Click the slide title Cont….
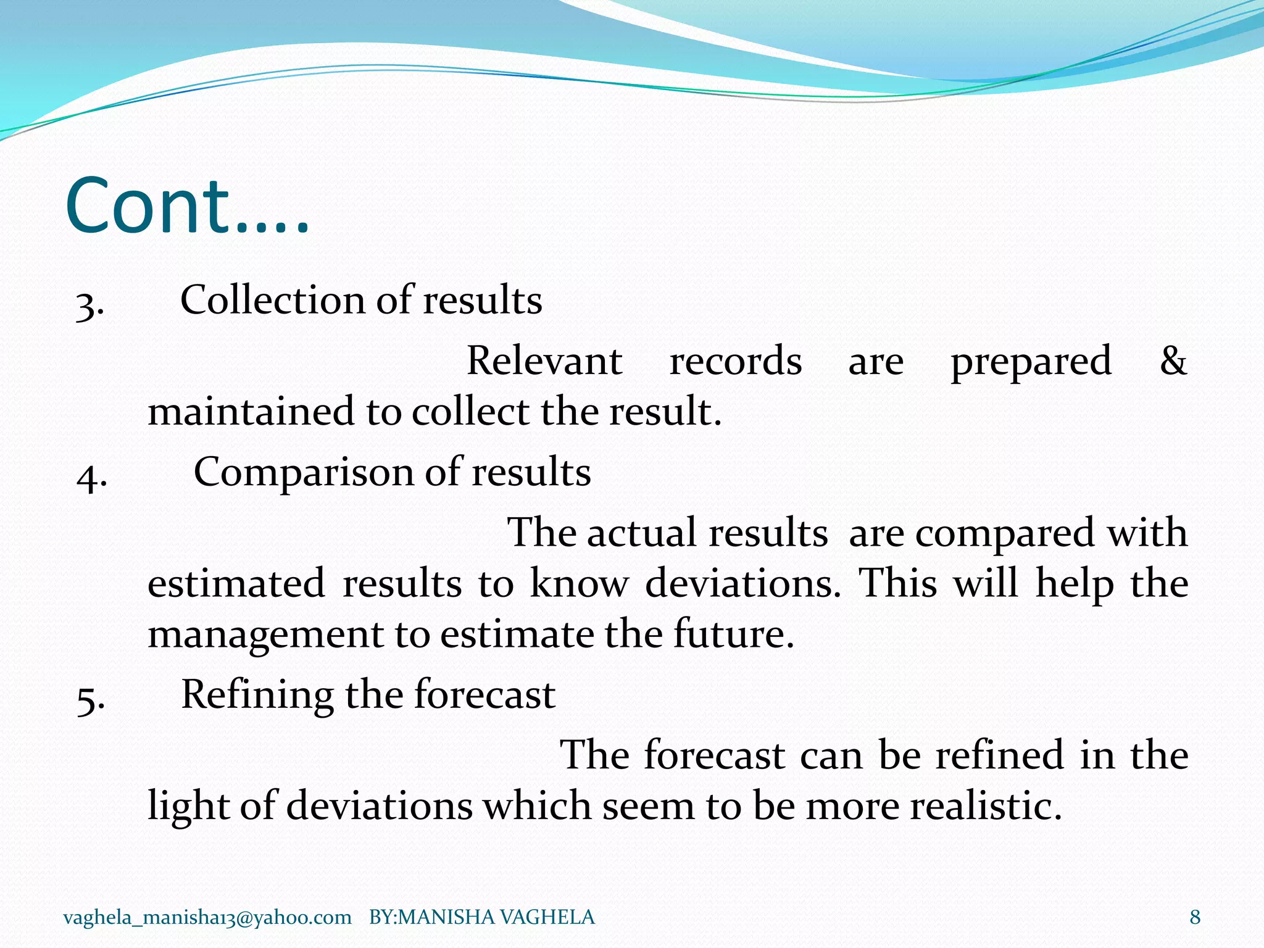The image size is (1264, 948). coord(186,207)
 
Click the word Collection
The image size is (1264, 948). coord(272,301)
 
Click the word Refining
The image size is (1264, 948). coord(257,695)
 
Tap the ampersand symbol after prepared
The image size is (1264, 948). coord(1173,361)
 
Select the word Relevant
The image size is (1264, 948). coord(544,361)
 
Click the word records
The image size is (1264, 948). coord(736,361)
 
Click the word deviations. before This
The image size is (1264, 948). coord(742,583)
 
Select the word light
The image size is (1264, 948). coord(188,807)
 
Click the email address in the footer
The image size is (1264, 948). coord(207,917)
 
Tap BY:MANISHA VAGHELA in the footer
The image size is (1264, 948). coord(481,917)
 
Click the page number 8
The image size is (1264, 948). coord(1195,917)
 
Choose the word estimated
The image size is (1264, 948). coord(236,583)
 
